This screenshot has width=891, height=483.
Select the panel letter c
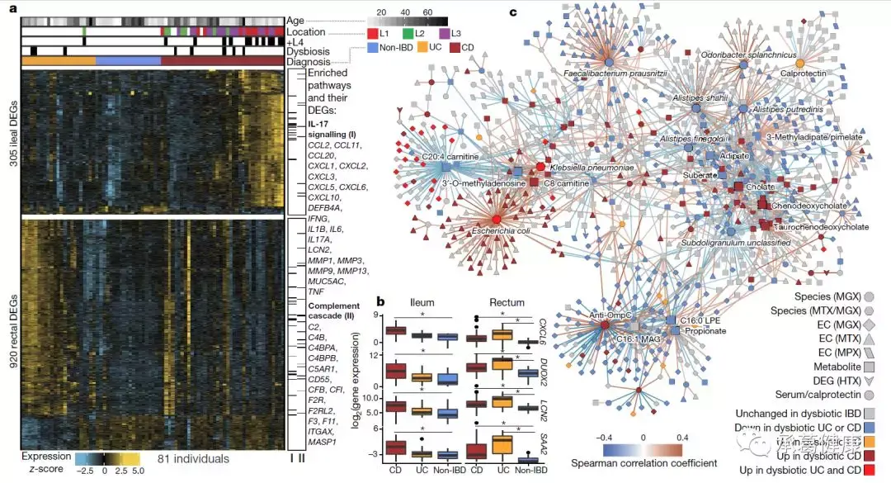click(x=514, y=12)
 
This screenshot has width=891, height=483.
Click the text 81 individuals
click(x=193, y=458)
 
